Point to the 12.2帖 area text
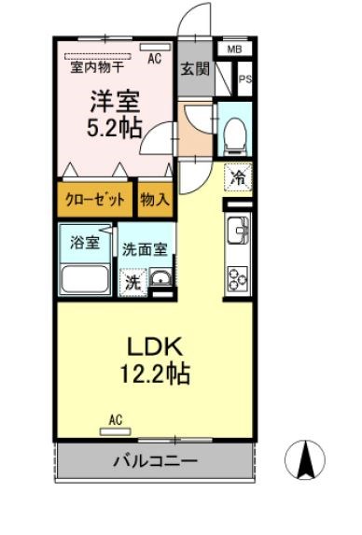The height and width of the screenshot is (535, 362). [155, 375]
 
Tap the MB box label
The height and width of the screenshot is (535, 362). [233, 49]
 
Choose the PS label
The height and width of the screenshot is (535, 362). [244, 79]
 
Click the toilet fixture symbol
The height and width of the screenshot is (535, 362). [234, 132]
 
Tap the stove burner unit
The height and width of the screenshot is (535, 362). [238, 275]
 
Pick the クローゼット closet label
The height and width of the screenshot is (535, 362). [95, 198]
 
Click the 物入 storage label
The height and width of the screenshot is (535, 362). [155, 198]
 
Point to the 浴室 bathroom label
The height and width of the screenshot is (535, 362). [86, 243]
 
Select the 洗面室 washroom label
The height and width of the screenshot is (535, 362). [145, 249]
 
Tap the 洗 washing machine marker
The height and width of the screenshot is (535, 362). [134, 281]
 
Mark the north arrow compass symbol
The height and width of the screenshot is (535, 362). [304, 459]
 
